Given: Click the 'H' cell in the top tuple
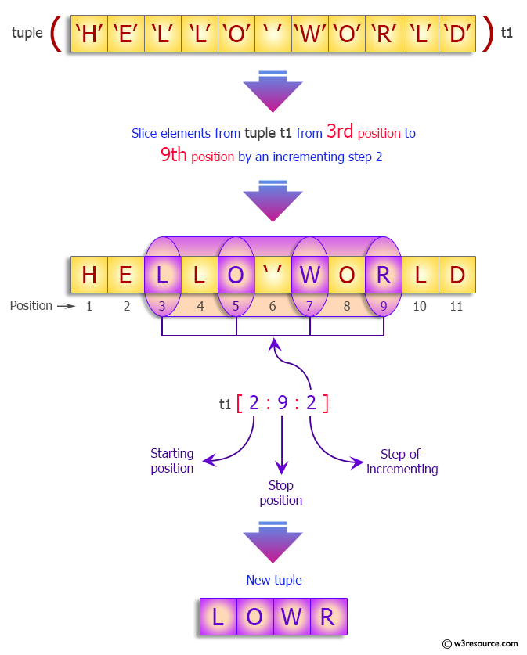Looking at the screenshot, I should coord(88,34).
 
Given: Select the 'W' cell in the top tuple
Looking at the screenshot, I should coord(310,34).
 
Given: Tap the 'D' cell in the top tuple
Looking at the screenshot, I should coord(457,34).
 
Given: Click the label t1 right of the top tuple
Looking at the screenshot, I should coord(507,34).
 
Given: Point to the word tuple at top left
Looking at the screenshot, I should coord(27,34).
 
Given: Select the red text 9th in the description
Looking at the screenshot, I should coord(173,155).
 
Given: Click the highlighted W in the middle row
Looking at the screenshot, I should coord(310,275).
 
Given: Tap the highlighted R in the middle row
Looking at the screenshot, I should coord(384,275).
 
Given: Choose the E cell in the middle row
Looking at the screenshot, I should coord(125,275).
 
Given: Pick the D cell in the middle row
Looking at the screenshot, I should coord(457,275).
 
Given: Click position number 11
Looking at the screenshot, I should coord(457,306).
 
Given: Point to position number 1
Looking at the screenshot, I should coord(89,306).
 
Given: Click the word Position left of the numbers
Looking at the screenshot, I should coord(31,305).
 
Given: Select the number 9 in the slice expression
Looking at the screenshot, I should coord(283,403).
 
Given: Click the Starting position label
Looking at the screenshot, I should coord(171,461).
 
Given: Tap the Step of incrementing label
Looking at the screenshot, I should coord(402,462).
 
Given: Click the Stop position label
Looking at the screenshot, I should coord(280,493).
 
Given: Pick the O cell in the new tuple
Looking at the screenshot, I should coord(254,617).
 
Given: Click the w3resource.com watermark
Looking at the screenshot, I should coord(479,643).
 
